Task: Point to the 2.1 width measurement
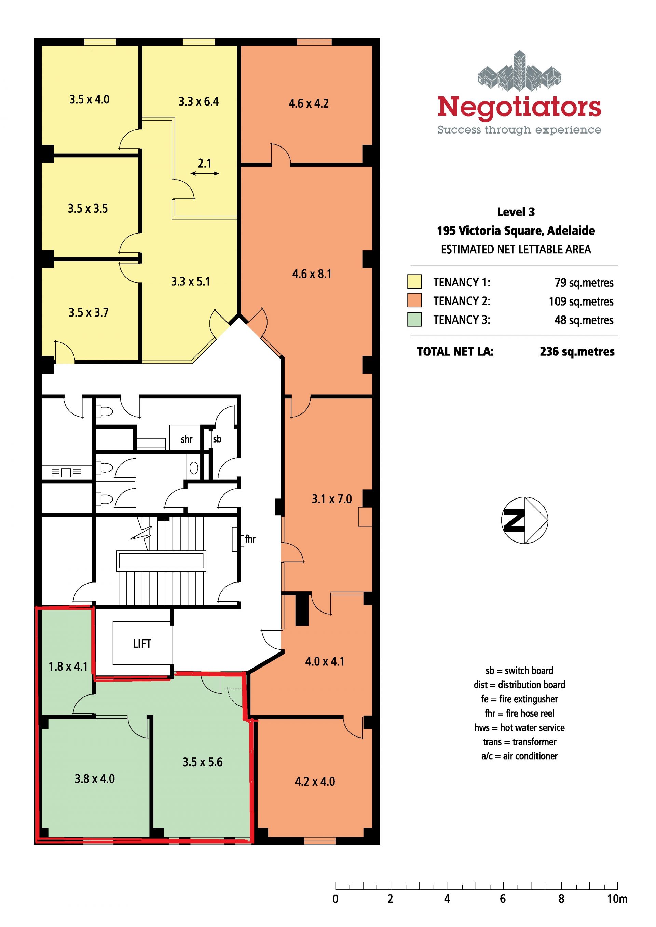204,164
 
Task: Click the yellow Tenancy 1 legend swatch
414,281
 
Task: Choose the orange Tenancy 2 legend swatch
414,300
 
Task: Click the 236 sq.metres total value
577,352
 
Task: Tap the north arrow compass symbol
525,520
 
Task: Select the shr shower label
187,439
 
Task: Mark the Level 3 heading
516,212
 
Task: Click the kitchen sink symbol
67,473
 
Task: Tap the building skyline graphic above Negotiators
519,71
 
